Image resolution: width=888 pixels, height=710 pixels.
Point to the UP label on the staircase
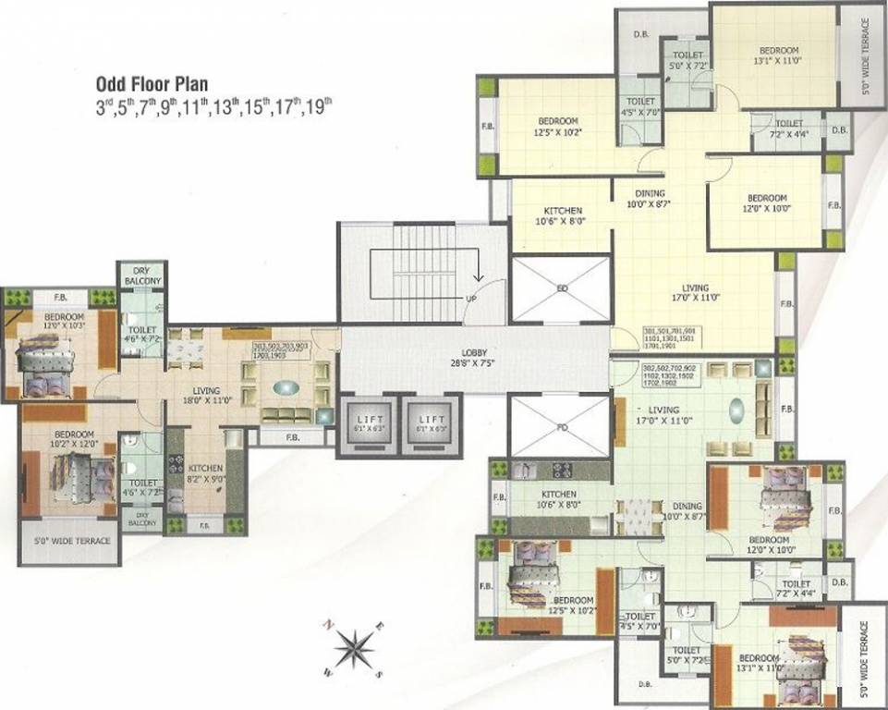tap(470, 300)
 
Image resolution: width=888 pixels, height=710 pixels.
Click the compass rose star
tap(351, 648)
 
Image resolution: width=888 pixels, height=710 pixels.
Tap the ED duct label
tap(562, 288)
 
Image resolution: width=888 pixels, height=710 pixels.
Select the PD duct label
tap(561, 428)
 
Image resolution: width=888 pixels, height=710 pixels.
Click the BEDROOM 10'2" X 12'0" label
tap(74, 439)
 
